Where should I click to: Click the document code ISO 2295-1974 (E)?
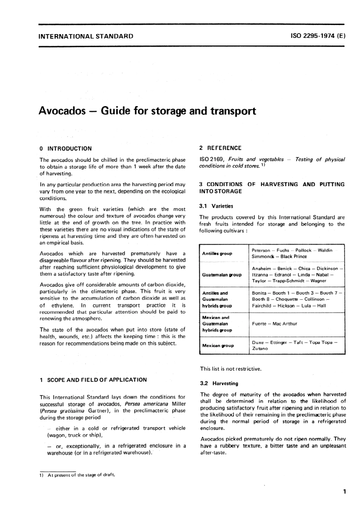318,36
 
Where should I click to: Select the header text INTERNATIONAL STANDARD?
86,36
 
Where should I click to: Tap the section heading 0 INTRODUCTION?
66,149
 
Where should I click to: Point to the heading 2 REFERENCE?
220,148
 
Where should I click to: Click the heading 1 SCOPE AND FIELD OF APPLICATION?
93,379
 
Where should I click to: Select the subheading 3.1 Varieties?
216,206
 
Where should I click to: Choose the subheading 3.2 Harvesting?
219,383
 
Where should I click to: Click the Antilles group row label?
217,254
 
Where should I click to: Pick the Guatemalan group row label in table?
222,275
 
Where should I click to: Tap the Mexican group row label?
218,346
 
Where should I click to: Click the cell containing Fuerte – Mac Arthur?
274,324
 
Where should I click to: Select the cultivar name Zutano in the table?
260,349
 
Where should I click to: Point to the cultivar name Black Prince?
294,257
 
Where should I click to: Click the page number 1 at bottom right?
344,492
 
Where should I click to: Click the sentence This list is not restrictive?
230,368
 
